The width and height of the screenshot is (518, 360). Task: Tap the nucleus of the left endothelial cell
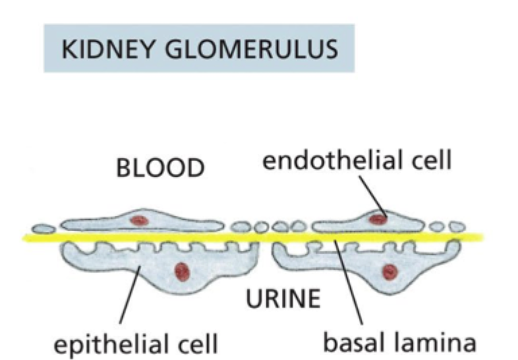(x=139, y=220)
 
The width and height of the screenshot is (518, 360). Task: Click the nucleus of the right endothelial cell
(x=378, y=218)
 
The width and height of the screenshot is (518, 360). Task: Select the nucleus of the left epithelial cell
(x=181, y=272)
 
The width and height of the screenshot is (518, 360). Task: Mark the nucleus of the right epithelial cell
(x=389, y=272)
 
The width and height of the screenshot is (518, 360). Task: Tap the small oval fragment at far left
(x=43, y=229)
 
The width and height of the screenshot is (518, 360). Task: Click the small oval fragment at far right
(x=457, y=226)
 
